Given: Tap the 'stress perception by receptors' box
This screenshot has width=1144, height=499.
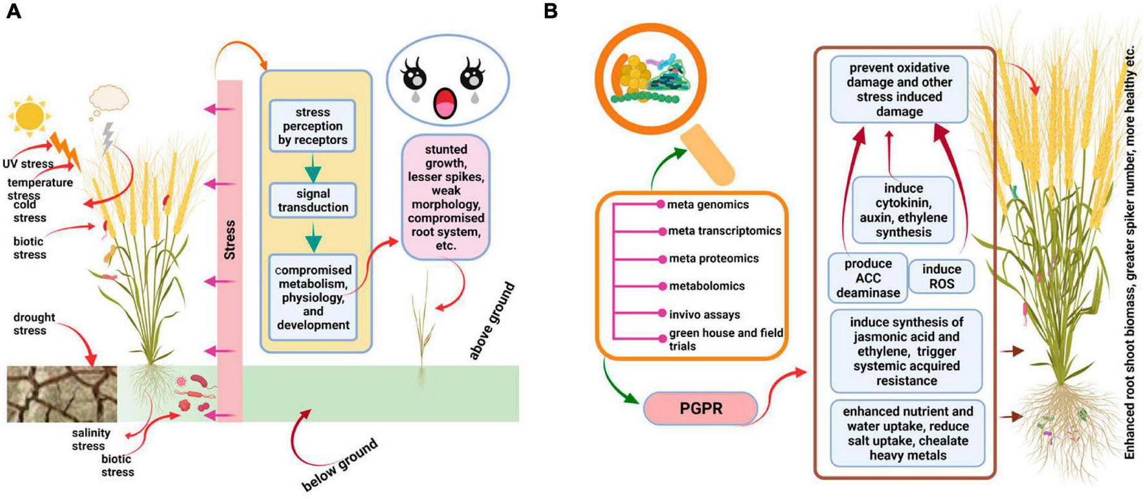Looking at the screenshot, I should click(x=312, y=126).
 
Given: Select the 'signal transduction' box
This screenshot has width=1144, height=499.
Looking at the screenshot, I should click(x=312, y=200).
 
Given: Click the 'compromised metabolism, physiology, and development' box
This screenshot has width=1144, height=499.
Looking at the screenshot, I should click(x=313, y=297).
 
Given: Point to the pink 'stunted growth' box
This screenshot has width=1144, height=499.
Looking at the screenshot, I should click(x=445, y=198).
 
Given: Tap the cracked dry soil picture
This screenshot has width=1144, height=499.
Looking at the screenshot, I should click(x=62, y=394).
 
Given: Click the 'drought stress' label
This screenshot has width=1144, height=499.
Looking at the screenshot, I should click(x=34, y=323).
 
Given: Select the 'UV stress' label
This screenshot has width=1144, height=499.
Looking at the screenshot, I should click(x=27, y=164).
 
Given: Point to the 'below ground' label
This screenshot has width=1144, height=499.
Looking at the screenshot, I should click(x=340, y=465).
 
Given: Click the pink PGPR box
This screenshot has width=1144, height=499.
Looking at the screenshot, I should click(x=700, y=408).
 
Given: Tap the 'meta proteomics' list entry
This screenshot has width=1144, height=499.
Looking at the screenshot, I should click(x=713, y=258).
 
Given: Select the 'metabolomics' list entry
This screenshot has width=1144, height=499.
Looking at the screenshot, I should click(x=706, y=286).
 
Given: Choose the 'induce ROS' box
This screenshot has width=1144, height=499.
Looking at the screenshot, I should click(x=941, y=276).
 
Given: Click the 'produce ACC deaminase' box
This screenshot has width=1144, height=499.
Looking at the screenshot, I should click(x=868, y=278).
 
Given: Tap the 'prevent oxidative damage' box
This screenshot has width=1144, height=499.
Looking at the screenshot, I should click(x=899, y=89).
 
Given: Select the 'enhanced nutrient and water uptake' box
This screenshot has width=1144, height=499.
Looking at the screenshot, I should click(x=908, y=433).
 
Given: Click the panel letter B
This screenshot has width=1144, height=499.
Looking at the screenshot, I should click(x=550, y=11).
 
